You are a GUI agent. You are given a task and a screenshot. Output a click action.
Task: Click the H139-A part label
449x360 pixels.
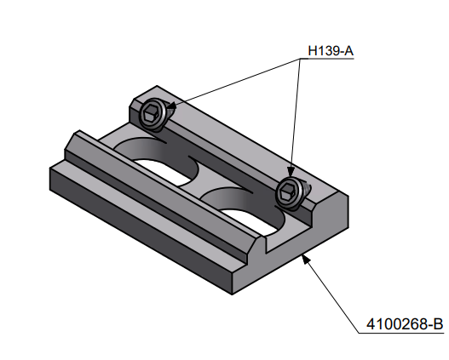(x=329, y=52)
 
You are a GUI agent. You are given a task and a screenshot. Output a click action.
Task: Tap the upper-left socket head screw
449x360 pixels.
(x=153, y=114)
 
